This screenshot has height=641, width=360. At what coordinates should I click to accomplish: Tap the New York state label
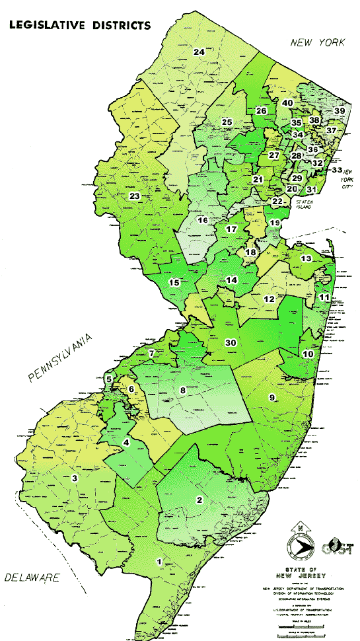point(318,43)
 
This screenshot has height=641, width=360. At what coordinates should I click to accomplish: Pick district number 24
point(199,52)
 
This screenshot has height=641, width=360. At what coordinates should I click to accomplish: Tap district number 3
point(75,478)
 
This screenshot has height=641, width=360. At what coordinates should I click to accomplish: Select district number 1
point(158,561)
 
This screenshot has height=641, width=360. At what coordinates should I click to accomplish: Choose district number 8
point(183,391)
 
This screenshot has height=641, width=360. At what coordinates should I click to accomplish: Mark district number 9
point(270,396)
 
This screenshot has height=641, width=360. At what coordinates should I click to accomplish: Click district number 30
point(231,342)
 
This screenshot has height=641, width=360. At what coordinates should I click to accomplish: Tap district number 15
point(174,283)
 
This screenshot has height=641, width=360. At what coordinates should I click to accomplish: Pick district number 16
point(203,220)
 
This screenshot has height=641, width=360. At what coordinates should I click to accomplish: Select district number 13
point(306,258)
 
